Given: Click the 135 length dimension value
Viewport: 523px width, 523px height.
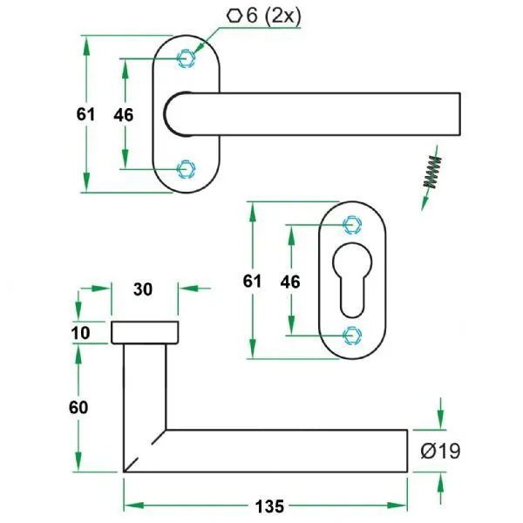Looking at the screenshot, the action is pyautogui.click(x=269, y=506).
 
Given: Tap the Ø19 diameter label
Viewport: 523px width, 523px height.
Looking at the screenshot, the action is pyautogui.click(x=440, y=451).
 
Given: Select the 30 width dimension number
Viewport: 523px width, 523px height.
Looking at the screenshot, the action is pyautogui.click(x=143, y=289).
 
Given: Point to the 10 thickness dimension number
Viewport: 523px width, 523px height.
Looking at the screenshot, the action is pyautogui.click(x=80, y=333).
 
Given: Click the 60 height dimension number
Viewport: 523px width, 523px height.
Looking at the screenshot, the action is pyautogui.click(x=78, y=408).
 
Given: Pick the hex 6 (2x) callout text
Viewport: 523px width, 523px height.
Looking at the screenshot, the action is pyautogui.click(x=264, y=16).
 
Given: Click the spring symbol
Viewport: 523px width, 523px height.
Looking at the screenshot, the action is pyautogui.click(x=432, y=172).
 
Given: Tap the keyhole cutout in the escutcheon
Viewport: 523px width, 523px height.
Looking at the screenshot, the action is pyautogui.click(x=352, y=280).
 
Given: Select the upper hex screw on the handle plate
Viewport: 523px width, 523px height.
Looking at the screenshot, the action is pyautogui.click(x=186, y=58).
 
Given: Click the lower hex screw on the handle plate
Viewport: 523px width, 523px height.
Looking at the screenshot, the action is pyautogui.click(x=186, y=169).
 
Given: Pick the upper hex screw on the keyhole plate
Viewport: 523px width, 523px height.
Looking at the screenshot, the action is pyautogui.click(x=352, y=225).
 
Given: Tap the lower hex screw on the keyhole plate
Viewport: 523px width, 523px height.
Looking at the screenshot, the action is pyautogui.click(x=352, y=336).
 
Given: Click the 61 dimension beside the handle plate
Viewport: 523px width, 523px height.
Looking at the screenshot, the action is pyautogui.click(x=85, y=114).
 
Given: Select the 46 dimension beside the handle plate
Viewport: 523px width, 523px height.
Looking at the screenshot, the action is pyautogui.click(x=124, y=115).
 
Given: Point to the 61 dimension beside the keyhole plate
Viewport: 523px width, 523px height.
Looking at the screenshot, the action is pyautogui.click(x=252, y=282).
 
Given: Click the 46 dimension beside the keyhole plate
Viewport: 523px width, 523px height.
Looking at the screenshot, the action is pyautogui.click(x=290, y=282).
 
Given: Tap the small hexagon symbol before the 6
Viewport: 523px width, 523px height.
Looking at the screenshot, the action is pyautogui.click(x=234, y=16).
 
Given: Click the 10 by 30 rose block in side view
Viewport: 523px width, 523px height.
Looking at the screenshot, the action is pyautogui.click(x=145, y=333).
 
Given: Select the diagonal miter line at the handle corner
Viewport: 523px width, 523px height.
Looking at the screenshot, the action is pyautogui.click(x=145, y=451).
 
